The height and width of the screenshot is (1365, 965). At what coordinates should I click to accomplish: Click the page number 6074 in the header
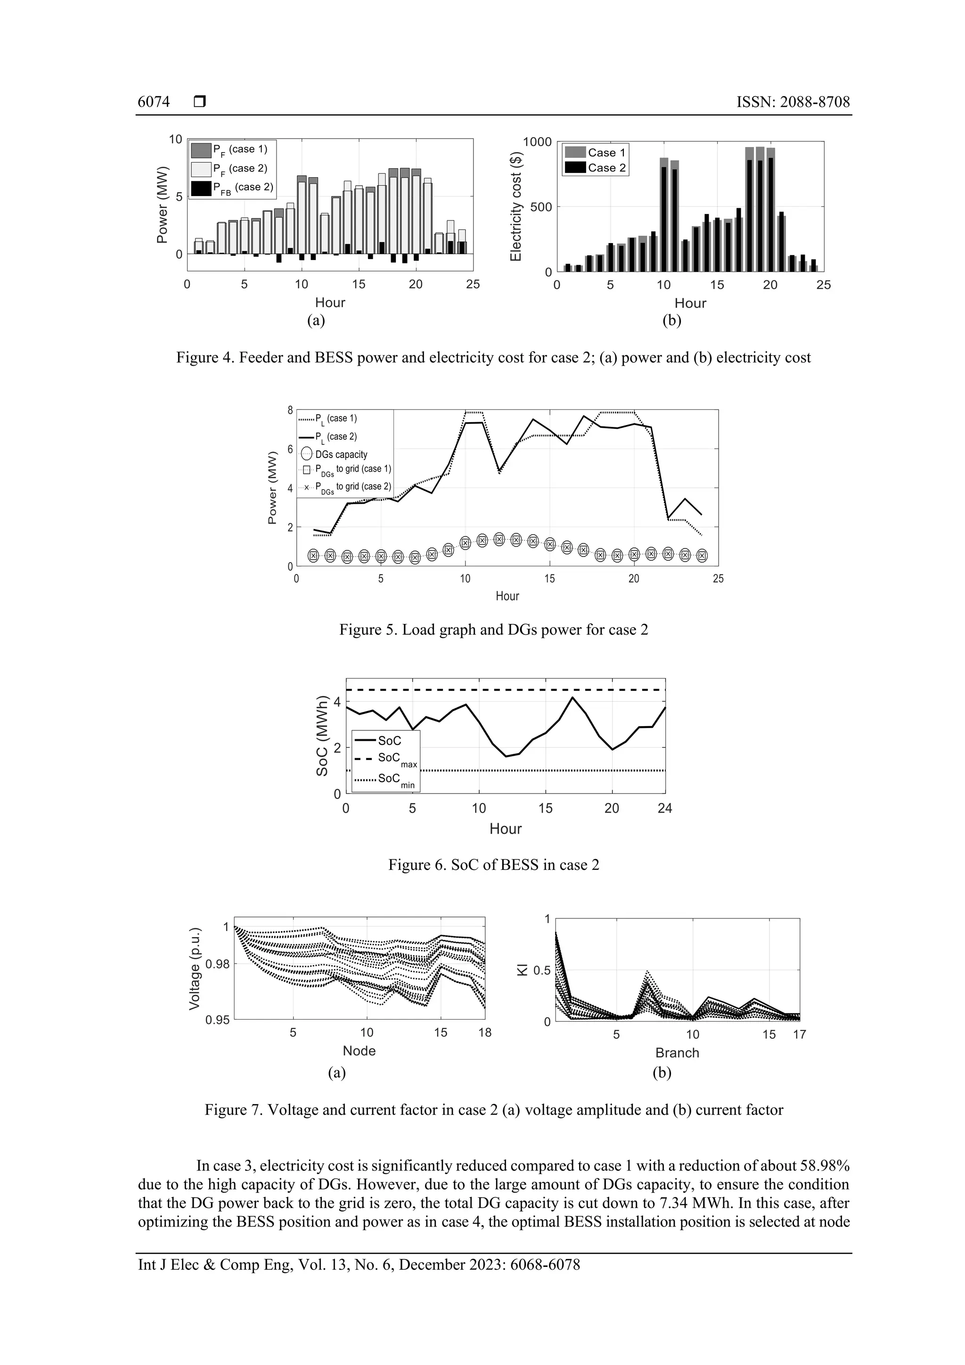(x=154, y=102)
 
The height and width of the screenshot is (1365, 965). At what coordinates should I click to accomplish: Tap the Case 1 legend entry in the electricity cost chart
(x=596, y=153)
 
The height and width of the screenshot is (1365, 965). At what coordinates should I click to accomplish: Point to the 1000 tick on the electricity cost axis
(x=537, y=141)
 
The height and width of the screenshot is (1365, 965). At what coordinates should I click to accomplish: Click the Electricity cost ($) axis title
(x=515, y=206)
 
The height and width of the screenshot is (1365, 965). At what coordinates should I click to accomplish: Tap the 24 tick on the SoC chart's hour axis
(x=665, y=808)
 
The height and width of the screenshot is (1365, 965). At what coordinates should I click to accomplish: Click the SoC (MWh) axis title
(x=322, y=736)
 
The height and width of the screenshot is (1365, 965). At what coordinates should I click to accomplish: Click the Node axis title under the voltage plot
(x=359, y=1051)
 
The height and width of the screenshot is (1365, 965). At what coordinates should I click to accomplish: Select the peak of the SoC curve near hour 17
(x=572, y=697)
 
